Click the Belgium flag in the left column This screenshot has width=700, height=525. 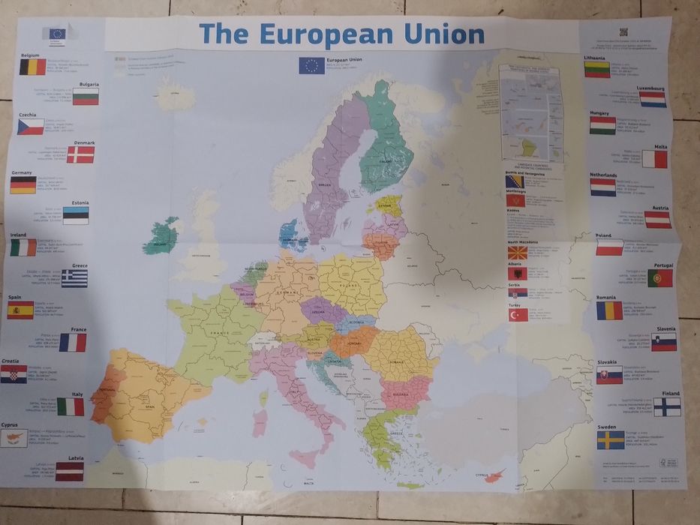33,67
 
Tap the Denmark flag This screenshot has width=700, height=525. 80,155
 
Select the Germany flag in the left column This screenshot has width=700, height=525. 23,185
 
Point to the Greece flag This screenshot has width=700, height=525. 74,279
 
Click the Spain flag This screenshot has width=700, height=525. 20,310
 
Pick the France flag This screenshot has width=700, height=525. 73,343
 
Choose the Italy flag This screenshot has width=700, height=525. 71,406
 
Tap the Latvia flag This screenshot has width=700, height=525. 69,471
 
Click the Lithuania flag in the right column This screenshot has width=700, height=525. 597,70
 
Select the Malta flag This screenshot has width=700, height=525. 654,159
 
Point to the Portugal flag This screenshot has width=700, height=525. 660,278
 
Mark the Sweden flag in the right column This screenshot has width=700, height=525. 610,440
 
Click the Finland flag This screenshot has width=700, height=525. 666,407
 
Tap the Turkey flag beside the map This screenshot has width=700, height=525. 517,316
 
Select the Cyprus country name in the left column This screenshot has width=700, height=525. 9,424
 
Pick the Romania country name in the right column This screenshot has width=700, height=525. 606,298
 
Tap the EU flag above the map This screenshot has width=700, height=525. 311,66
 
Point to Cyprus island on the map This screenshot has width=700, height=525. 494,475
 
